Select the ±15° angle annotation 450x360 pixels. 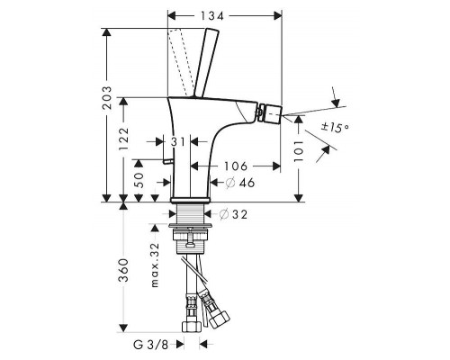click(337, 128)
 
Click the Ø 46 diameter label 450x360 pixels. click(232, 183)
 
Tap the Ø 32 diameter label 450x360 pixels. click(234, 214)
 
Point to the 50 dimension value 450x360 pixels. click(138, 180)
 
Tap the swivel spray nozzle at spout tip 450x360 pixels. click(266, 114)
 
